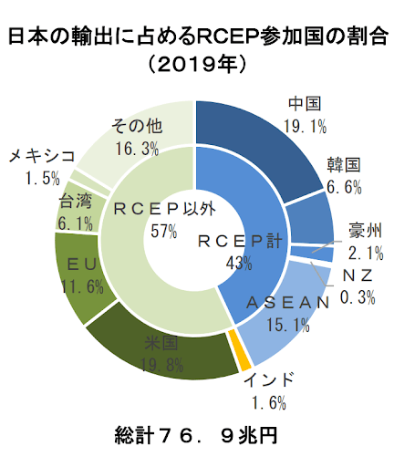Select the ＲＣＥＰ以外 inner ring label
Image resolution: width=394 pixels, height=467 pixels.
click(x=164, y=209)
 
